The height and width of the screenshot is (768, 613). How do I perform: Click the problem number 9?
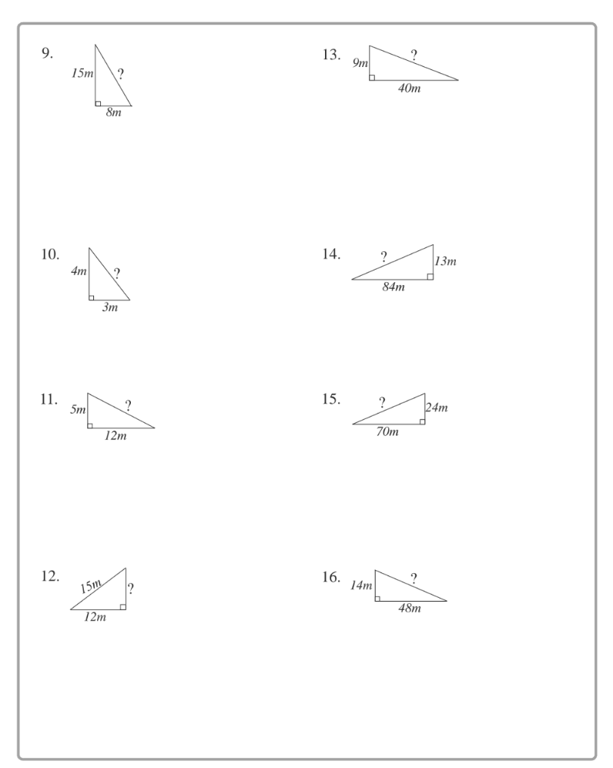pyautogui.click(x=48, y=54)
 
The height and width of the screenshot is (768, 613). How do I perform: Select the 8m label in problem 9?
pyautogui.click(x=113, y=112)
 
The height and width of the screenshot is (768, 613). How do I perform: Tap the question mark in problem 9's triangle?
pyautogui.click(x=121, y=74)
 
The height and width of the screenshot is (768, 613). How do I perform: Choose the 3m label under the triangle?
pyautogui.click(x=110, y=307)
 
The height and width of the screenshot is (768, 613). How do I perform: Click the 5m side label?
pyautogui.click(x=78, y=410)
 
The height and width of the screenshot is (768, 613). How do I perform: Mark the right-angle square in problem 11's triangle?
pyautogui.click(x=91, y=424)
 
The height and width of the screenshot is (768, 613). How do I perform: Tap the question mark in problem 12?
pyautogui.click(x=131, y=589)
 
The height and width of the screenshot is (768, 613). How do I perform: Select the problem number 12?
pyautogui.click(x=50, y=577)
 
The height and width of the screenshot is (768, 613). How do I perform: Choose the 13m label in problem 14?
pyautogui.click(x=445, y=262)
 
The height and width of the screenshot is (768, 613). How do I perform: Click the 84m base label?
pyautogui.click(x=393, y=287)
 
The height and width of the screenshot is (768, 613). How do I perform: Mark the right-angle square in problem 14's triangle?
pyautogui.click(x=430, y=276)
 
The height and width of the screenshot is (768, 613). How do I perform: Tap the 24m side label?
pyautogui.click(x=437, y=407)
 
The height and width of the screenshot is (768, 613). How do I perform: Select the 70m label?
pyautogui.click(x=387, y=431)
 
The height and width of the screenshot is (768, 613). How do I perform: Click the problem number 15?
pyautogui.click(x=331, y=400)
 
